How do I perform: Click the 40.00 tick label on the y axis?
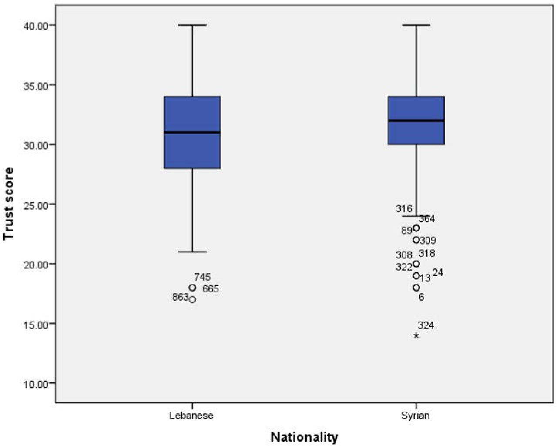(35, 26)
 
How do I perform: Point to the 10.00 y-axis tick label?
(35, 384)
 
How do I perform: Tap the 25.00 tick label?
(35, 205)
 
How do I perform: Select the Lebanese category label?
(191, 416)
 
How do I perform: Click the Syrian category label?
(416, 416)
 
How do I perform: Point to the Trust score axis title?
(8, 204)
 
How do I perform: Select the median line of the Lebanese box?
(192, 132)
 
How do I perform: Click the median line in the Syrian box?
(416, 121)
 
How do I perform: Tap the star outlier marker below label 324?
(416, 335)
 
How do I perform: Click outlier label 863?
(180, 297)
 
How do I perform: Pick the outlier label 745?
(202, 277)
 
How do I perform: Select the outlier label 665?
(211, 288)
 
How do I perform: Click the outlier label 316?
(404, 208)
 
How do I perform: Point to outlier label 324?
(426, 325)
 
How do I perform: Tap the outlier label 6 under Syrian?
(421, 297)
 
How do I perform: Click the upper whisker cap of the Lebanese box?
(192, 25)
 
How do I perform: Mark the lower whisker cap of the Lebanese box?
(192, 252)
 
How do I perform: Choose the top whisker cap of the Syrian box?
(416, 25)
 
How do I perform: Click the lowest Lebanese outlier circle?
(192, 299)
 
